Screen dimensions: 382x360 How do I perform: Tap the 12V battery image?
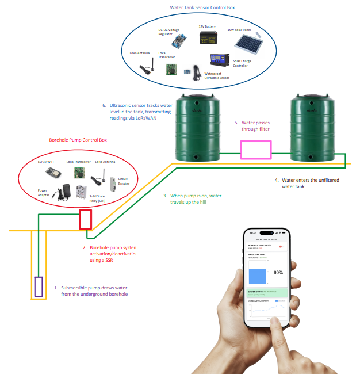pos(208,38)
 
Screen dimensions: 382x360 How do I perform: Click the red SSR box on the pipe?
pos(86,219)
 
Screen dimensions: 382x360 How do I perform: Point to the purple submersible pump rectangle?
pos(39,286)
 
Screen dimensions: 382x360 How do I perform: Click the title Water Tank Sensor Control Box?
pos(202,8)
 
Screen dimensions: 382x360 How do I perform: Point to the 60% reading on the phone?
pos(278,272)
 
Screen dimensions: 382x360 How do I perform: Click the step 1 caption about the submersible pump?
pos(94,290)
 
